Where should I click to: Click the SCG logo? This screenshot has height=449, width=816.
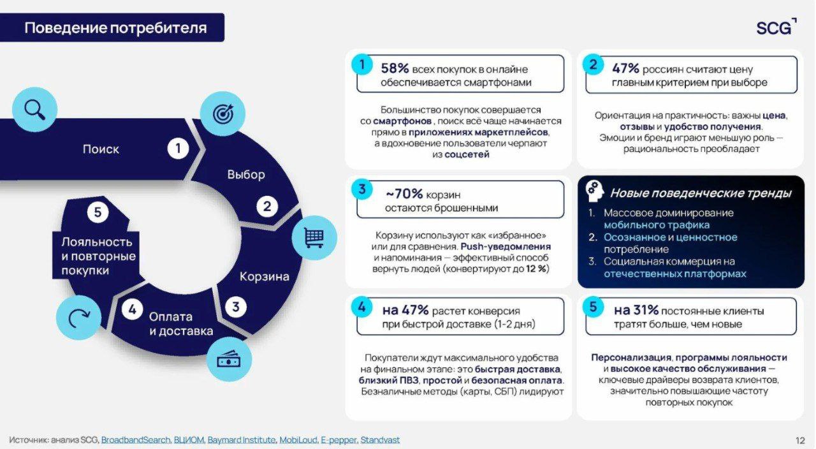pyautogui.click(x=776, y=27)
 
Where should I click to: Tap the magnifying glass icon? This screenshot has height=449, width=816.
pyautogui.click(x=34, y=109)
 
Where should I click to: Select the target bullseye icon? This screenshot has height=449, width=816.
pyautogui.click(x=223, y=114)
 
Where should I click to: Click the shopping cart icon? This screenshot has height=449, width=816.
pyautogui.click(x=314, y=238)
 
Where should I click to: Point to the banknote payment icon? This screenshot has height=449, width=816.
pyautogui.click(x=229, y=359)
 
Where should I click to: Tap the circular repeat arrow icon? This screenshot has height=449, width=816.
pyautogui.click(x=78, y=318)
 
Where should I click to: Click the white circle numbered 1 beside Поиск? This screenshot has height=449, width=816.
pyautogui.click(x=178, y=149)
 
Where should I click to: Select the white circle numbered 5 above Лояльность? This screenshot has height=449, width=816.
pyautogui.click(x=98, y=212)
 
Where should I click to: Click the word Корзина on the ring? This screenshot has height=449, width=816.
pyautogui.click(x=265, y=276)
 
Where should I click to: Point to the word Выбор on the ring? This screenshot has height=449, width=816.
pyautogui.click(x=246, y=174)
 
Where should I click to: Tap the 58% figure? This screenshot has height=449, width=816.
pyautogui.click(x=395, y=68)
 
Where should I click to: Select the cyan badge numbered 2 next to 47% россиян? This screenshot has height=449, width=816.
pyautogui.click(x=593, y=64)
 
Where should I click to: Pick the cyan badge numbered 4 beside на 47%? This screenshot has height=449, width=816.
pyautogui.click(x=361, y=307)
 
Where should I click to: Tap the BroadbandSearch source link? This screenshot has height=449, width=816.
pyautogui.click(x=136, y=440)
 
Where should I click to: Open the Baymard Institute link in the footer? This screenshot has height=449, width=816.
pyautogui.click(x=242, y=440)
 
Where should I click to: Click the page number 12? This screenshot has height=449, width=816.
pyautogui.click(x=800, y=440)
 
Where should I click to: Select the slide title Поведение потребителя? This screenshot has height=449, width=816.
pyautogui.click(x=115, y=27)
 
